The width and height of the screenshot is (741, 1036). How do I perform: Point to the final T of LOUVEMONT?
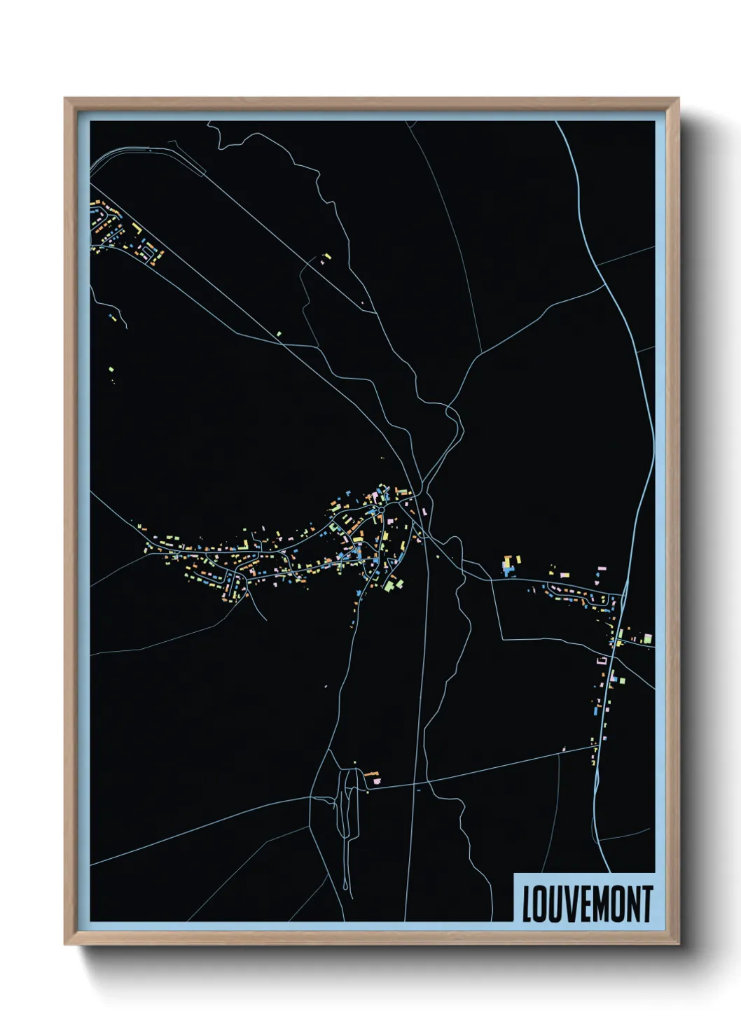(x=647, y=904)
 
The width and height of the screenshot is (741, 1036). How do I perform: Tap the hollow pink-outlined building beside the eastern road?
(x=601, y=660)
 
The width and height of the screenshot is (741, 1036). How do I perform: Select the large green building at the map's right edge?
(x=648, y=638)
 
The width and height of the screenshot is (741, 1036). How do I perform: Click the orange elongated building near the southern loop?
(x=370, y=773)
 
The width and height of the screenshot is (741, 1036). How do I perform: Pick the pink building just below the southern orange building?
(x=376, y=780)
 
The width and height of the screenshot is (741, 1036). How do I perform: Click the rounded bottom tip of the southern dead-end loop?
(x=346, y=888)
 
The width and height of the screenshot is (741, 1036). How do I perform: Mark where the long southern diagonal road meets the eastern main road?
(x=597, y=747)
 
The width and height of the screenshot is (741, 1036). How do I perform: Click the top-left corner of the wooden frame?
(x=65, y=99)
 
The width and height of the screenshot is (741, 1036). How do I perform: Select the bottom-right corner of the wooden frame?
(x=679, y=945)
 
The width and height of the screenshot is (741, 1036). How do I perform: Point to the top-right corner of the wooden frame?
(x=679, y=99)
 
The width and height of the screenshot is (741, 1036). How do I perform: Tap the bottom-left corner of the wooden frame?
(x=65, y=945)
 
